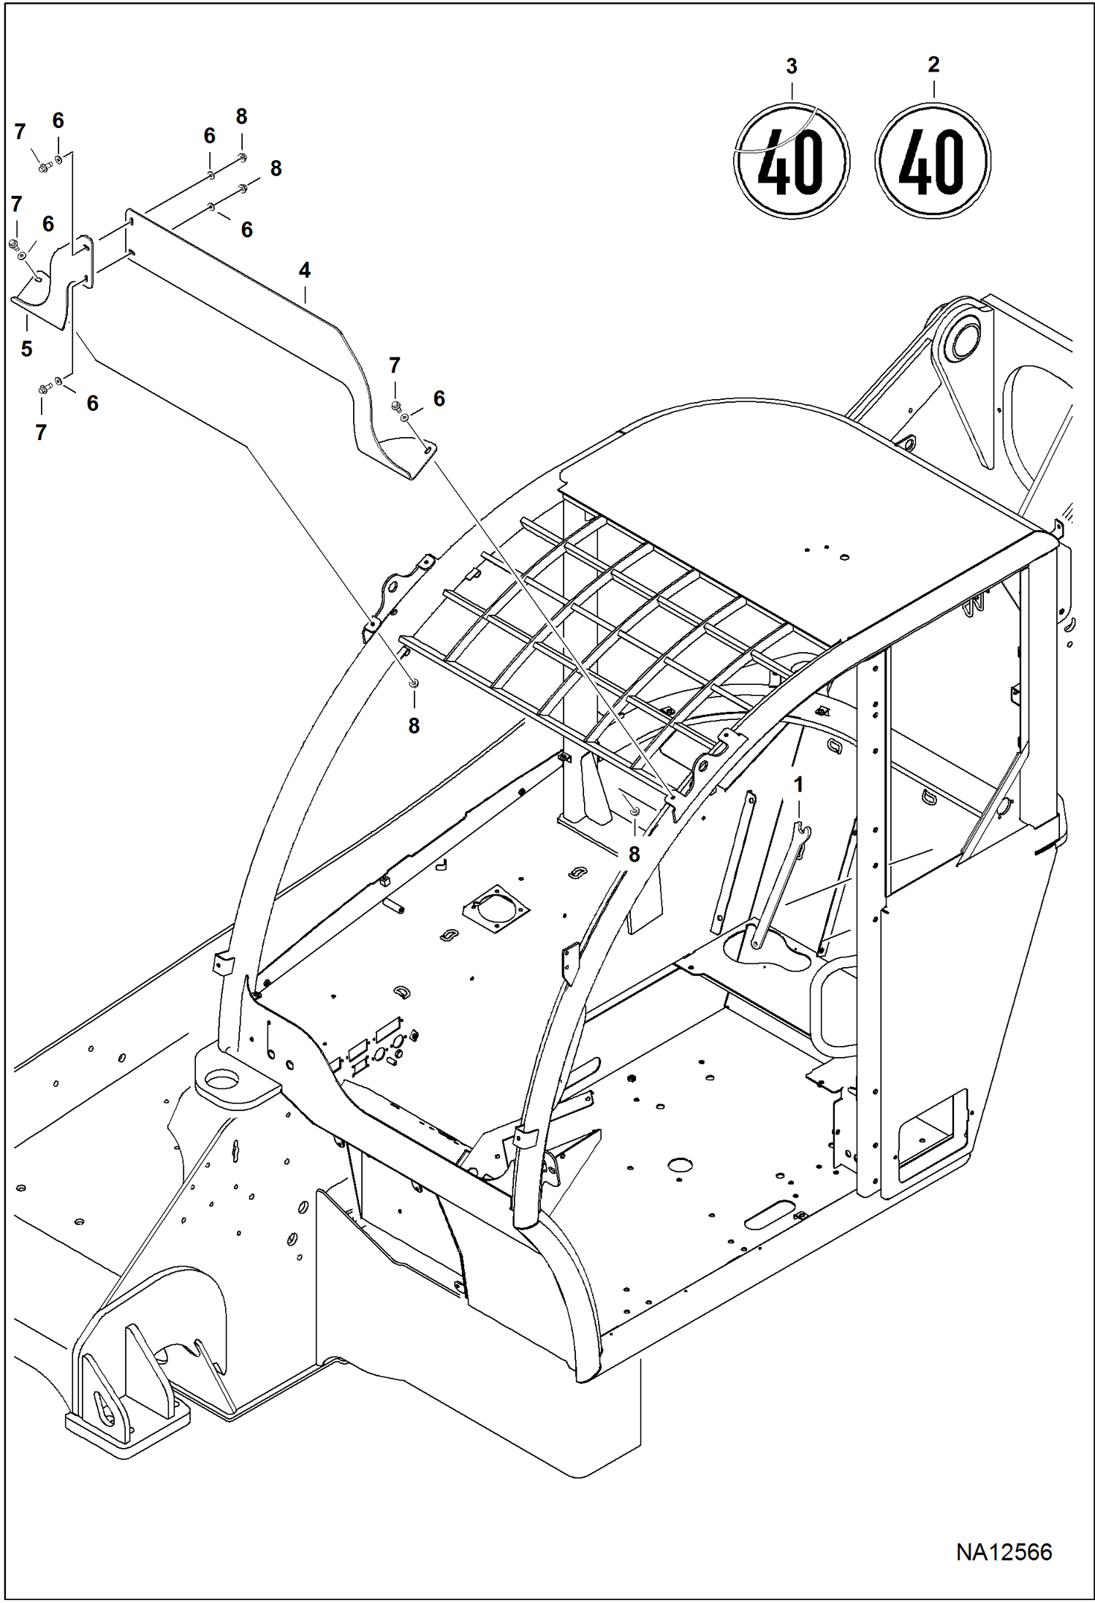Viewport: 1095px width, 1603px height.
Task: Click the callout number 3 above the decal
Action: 791,67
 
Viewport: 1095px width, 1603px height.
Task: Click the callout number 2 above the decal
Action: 933,65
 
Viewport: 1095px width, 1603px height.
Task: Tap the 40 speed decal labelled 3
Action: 791,161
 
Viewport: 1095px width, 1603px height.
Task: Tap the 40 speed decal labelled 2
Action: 932,161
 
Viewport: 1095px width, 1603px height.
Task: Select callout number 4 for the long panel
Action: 304,270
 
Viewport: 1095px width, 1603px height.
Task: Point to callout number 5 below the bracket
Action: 26,349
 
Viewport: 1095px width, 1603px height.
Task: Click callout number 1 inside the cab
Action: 798,784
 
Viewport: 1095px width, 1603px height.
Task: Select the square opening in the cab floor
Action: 496,909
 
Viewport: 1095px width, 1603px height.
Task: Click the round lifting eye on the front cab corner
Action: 221,1077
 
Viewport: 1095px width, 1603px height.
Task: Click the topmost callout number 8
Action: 241,117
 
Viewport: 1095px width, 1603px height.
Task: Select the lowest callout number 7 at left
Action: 41,432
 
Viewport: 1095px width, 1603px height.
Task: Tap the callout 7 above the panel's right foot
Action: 395,365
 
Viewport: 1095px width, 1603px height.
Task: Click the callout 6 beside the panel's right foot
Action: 439,398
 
